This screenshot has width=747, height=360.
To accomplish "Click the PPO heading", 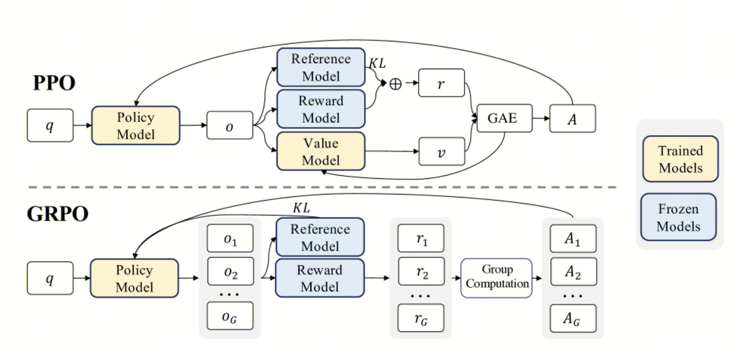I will [54, 83].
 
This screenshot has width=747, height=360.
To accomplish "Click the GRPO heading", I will [58, 213].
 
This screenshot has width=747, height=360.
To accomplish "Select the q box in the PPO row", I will [50, 126].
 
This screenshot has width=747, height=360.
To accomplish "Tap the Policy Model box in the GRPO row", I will [134, 279].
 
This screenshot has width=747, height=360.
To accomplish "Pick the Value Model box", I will [321, 151].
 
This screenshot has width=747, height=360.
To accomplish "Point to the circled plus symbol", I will [395, 84].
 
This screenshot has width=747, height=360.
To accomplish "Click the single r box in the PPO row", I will [441, 82].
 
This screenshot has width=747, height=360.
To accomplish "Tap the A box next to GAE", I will [572, 119].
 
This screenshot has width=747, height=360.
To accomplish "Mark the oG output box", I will [230, 316].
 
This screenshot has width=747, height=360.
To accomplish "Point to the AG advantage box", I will [573, 318].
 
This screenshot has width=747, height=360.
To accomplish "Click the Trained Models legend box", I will [680, 159].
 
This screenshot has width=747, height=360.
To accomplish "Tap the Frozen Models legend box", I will [678, 217].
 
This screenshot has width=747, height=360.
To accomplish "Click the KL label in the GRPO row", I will [301, 208].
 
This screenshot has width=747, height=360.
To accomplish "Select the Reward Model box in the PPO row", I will [321, 109].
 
